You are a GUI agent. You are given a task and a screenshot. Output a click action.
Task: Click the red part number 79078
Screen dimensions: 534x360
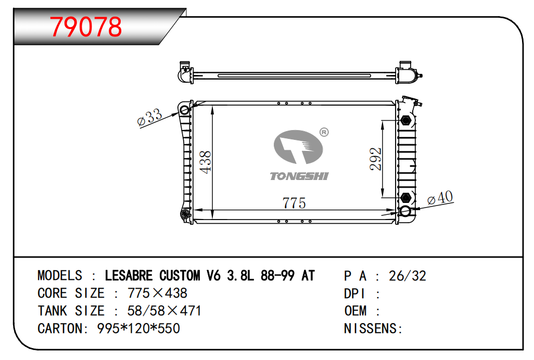point(86,27)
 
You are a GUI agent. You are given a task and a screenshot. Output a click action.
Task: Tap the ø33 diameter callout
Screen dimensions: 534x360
point(149,118)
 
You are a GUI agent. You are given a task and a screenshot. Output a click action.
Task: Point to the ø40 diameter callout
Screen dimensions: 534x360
point(440,198)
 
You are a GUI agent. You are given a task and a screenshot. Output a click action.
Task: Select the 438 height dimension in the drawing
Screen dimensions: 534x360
point(206,162)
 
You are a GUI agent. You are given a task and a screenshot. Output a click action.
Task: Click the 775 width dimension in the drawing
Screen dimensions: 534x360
point(294,203)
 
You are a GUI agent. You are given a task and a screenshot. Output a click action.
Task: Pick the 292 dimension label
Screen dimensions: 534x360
point(376,159)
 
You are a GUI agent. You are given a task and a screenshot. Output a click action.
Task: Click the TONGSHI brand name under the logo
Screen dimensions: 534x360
point(299,176)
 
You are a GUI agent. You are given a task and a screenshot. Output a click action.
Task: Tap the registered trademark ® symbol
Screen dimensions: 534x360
point(324,132)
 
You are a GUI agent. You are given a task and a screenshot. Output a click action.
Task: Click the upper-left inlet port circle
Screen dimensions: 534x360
point(185,110)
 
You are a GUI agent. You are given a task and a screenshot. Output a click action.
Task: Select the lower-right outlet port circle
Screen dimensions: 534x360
point(405,211)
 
